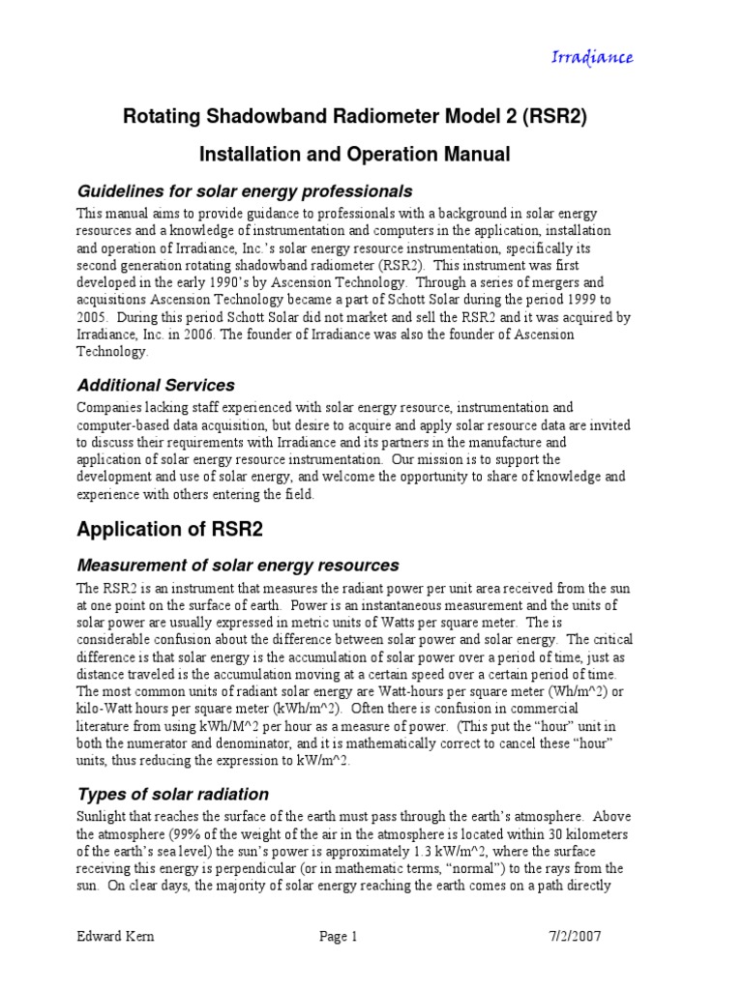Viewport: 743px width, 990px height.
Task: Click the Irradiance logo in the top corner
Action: click(x=592, y=57)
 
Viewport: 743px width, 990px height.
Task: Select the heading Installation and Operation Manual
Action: click(x=353, y=154)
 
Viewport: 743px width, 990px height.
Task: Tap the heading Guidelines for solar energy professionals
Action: click(x=244, y=190)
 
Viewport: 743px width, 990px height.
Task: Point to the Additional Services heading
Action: click(x=155, y=385)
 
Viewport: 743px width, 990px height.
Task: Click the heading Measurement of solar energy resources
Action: click(x=237, y=565)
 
